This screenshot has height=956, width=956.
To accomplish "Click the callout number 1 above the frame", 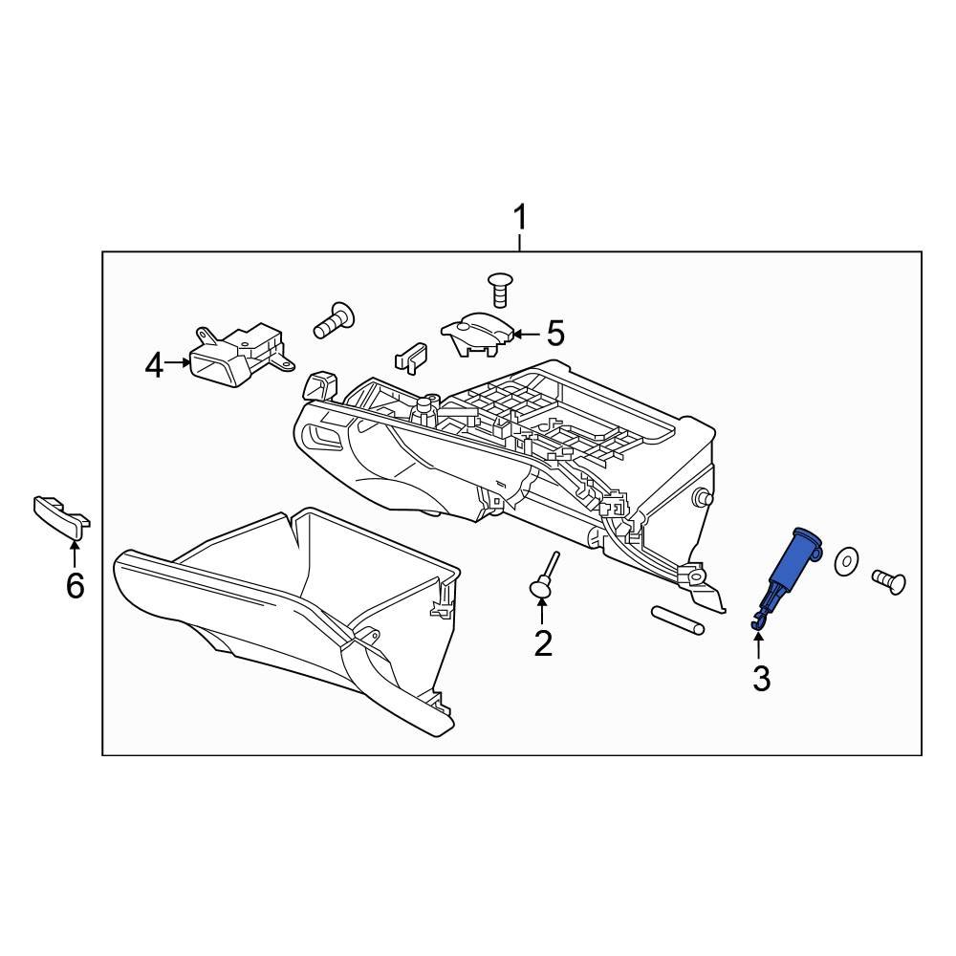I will [x=520, y=219].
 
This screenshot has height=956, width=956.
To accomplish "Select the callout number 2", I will [x=543, y=643].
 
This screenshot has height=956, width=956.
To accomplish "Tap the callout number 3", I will [x=761, y=678].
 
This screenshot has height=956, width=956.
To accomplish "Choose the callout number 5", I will [x=555, y=334].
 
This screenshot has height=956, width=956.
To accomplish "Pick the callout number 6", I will [x=75, y=584].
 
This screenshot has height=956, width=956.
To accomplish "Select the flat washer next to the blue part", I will [x=846, y=563].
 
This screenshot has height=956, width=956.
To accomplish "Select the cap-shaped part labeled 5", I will [x=476, y=335].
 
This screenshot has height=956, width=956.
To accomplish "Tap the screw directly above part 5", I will [x=498, y=287].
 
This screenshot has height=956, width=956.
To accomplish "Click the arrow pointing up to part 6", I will [x=75, y=553].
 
